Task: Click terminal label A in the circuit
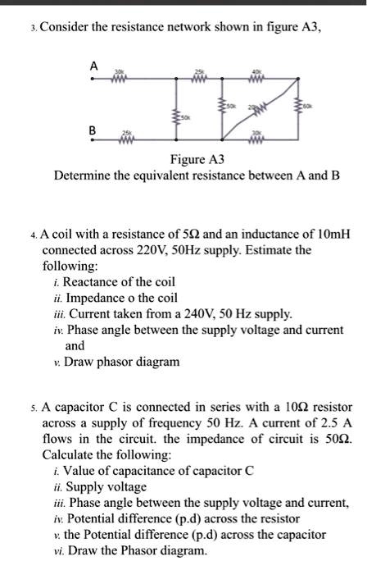(93, 65)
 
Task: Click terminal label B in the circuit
(93, 130)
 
